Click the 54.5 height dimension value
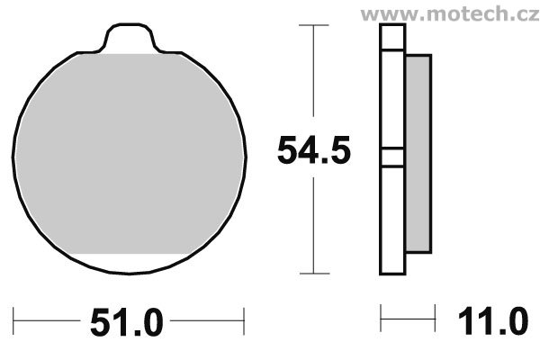click(x=314, y=150)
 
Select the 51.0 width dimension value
click(x=126, y=322)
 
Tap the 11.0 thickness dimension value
click(x=493, y=321)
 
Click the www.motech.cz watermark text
click(x=450, y=13)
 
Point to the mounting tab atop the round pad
click(x=130, y=38)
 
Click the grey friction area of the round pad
click(x=129, y=153)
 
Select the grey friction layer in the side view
click(x=418, y=153)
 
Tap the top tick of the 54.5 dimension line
click(x=313, y=25)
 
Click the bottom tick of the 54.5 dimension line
click(x=314, y=274)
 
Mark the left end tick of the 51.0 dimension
click(x=13, y=321)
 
